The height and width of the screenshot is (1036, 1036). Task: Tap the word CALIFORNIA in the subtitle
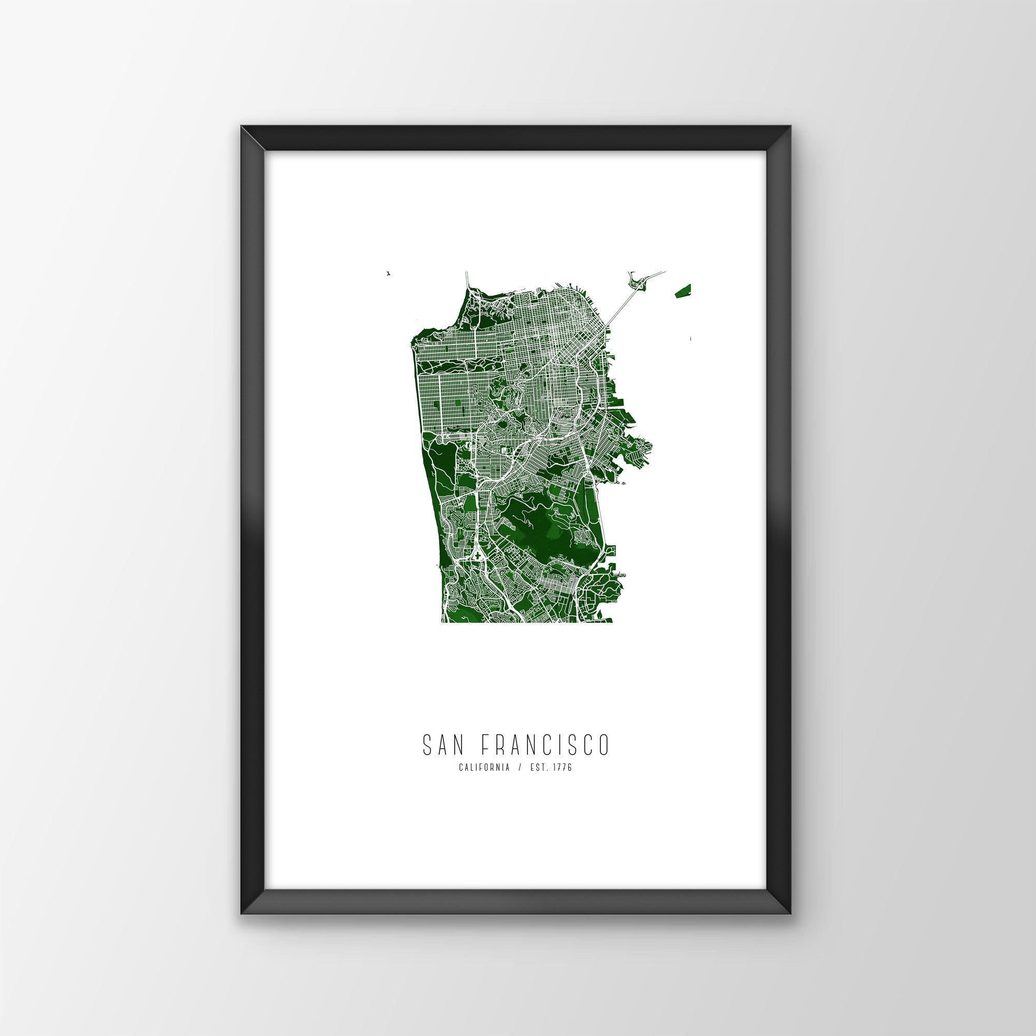pos(484,768)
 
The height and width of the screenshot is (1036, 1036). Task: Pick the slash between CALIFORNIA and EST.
pos(519,768)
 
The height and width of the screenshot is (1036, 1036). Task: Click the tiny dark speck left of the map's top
pos(387,274)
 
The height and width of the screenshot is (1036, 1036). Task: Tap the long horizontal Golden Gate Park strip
pos(461,367)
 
